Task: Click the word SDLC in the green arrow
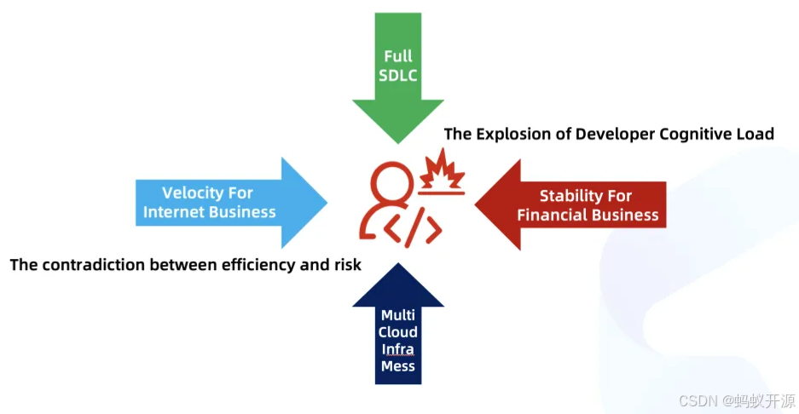coord(397,74)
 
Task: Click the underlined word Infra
coord(398,349)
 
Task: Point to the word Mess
coord(398,366)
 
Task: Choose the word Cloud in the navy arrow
coord(398,332)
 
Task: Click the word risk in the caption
coord(347,265)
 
